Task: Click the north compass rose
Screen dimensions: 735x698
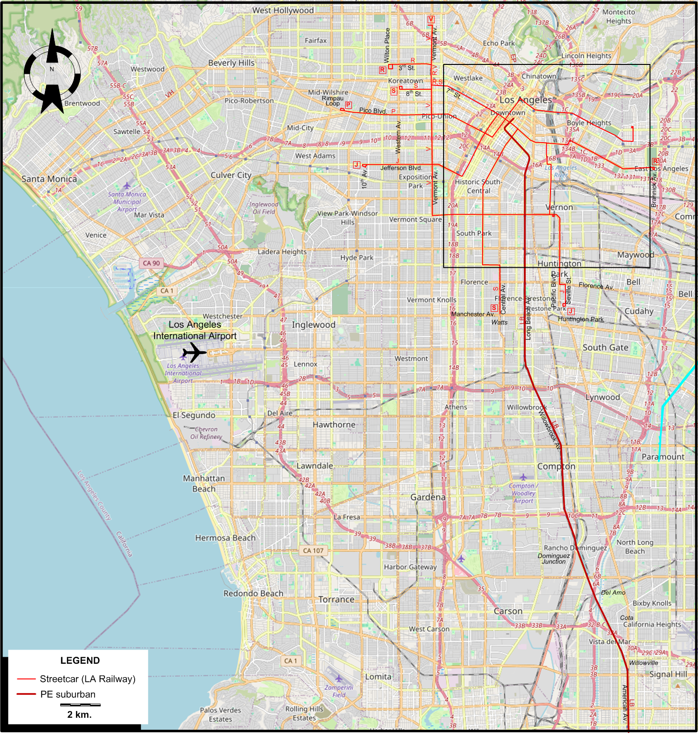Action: [x=52, y=72]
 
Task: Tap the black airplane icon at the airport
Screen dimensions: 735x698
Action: [x=194, y=353]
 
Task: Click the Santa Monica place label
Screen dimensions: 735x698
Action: [x=49, y=179]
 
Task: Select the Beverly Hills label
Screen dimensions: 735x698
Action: [x=231, y=63]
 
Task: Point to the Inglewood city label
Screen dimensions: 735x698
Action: [x=314, y=325]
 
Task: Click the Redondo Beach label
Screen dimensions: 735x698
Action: [x=254, y=593]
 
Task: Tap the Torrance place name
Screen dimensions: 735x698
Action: [x=337, y=599]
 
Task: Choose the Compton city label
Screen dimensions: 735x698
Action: [x=556, y=466]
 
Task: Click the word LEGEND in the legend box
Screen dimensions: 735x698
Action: [x=80, y=661]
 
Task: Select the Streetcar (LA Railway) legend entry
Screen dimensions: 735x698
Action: [x=87, y=679]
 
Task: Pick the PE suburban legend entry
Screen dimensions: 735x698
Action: [x=68, y=694]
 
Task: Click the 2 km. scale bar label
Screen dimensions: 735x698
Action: [x=79, y=714]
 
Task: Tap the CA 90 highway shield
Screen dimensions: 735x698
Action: [x=151, y=263]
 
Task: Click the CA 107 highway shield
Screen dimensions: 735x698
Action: [x=313, y=550]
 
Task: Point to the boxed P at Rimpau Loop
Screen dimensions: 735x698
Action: [x=349, y=105]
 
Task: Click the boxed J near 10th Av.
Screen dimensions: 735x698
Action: [x=356, y=165]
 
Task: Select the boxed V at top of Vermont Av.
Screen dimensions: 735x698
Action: [x=431, y=20]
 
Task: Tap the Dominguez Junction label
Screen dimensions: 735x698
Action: [x=554, y=558]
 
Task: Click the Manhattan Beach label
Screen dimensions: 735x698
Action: [x=204, y=483]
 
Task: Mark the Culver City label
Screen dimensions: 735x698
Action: [x=231, y=175]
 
